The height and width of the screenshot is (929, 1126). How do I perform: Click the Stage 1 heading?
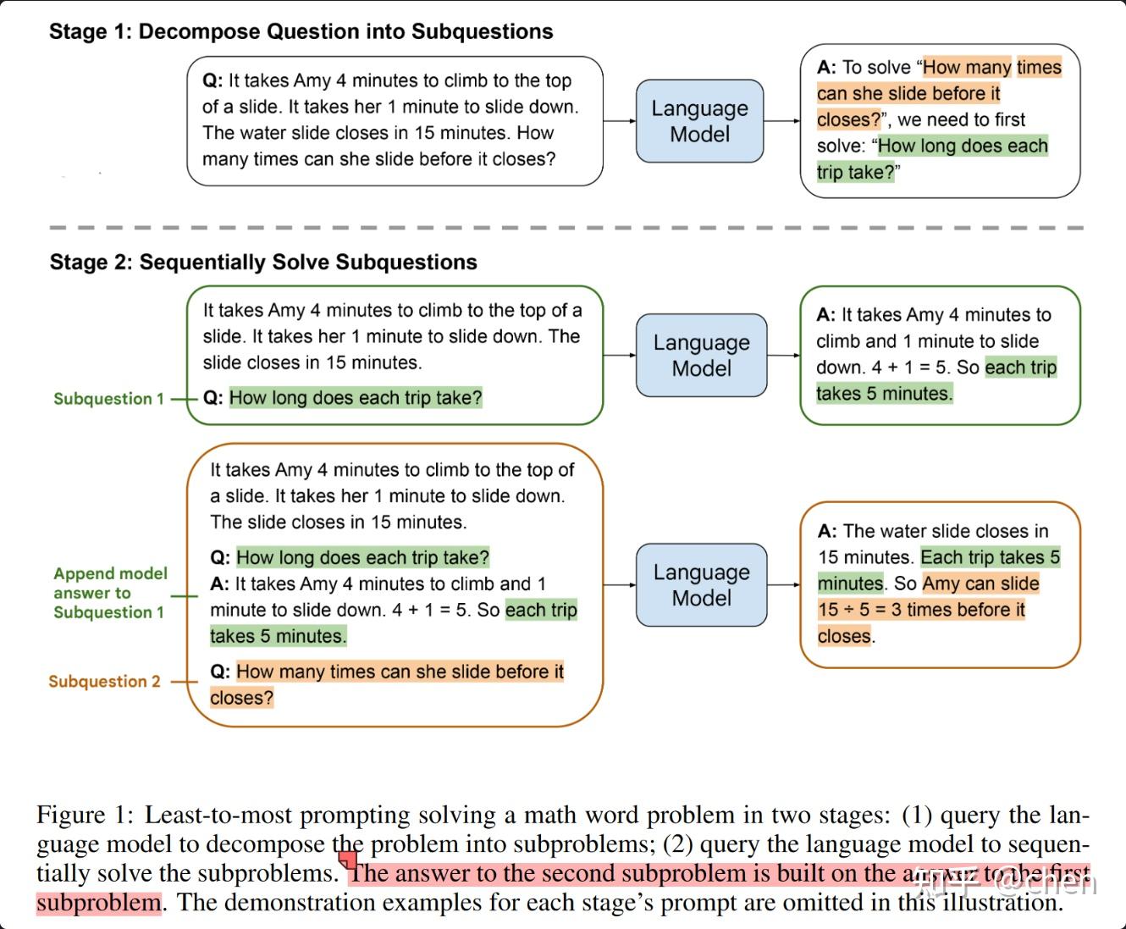[x=301, y=32]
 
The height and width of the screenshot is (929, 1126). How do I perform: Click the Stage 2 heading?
[x=263, y=263]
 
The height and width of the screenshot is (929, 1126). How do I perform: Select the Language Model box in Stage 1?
[x=699, y=121]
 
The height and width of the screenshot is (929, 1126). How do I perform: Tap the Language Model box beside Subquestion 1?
[x=701, y=355]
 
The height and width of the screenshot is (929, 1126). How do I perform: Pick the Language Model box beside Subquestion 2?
[x=701, y=585]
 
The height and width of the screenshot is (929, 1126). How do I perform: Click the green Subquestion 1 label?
[x=108, y=399]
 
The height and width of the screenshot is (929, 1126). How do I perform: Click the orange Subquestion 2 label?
[x=104, y=682]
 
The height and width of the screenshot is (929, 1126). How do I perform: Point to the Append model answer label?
[x=110, y=593]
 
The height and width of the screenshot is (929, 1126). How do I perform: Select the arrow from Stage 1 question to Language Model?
[x=620, y=121]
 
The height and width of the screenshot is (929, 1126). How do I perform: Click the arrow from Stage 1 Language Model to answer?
[x=781, y=121]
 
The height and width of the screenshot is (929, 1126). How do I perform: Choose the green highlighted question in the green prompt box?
[x=355, y=398]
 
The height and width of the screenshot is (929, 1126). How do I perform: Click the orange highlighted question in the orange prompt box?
[x=399, y=672]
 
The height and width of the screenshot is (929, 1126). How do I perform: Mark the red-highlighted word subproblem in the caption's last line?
[x=98, y=903]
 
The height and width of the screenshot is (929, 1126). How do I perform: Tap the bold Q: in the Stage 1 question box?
[x=213, y=81]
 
